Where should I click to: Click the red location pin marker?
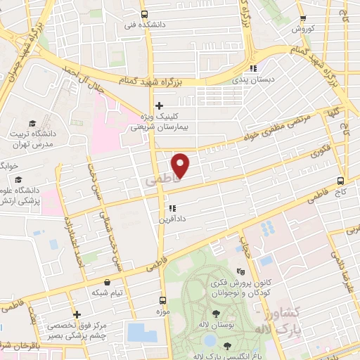[181, 165]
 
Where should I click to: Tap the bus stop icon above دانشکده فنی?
[144, 14]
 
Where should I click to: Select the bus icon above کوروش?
[302, 19]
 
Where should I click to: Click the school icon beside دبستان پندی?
[252, 68]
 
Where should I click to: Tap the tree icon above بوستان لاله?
[216, 314]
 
